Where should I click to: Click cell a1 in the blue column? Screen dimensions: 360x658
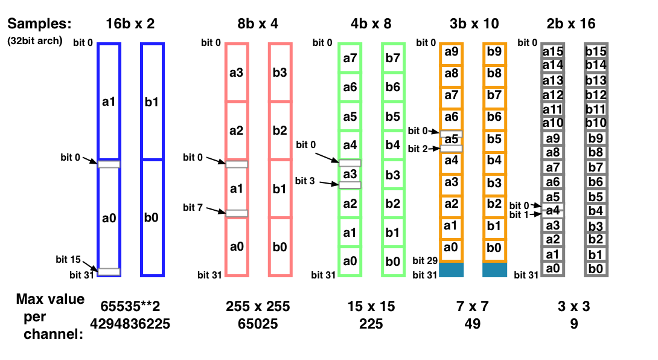click(109, 101)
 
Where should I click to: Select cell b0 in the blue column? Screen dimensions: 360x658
click(152, 217)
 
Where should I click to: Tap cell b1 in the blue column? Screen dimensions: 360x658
click(152, 101)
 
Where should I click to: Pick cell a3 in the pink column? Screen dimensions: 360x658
click(237, 72)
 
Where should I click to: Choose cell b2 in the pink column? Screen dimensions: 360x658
click(280, 130)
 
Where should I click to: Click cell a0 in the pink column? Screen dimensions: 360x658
click(237, 246)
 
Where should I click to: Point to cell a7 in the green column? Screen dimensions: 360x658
click(350, 59)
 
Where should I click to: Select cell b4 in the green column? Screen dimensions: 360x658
click(393, 145)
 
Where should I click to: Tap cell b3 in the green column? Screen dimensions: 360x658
click(393, 175)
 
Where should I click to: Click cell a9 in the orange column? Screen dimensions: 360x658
click(452, 52)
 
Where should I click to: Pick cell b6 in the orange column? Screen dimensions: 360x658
click(494, 117)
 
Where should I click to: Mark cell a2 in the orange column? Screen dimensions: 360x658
click(452, 204)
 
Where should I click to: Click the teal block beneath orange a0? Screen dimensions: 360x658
click(452, 269)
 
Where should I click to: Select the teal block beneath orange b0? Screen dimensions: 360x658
click(495, 269)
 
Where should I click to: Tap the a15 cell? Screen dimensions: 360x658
click(553, 51)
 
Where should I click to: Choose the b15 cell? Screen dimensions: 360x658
click(596, 51)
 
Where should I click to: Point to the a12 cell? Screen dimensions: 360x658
click(553, 95)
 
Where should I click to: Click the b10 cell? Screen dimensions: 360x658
click(596, 123)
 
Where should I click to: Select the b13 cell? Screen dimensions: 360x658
click(596, 80)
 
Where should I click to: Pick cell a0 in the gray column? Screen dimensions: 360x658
click(553, 269)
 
